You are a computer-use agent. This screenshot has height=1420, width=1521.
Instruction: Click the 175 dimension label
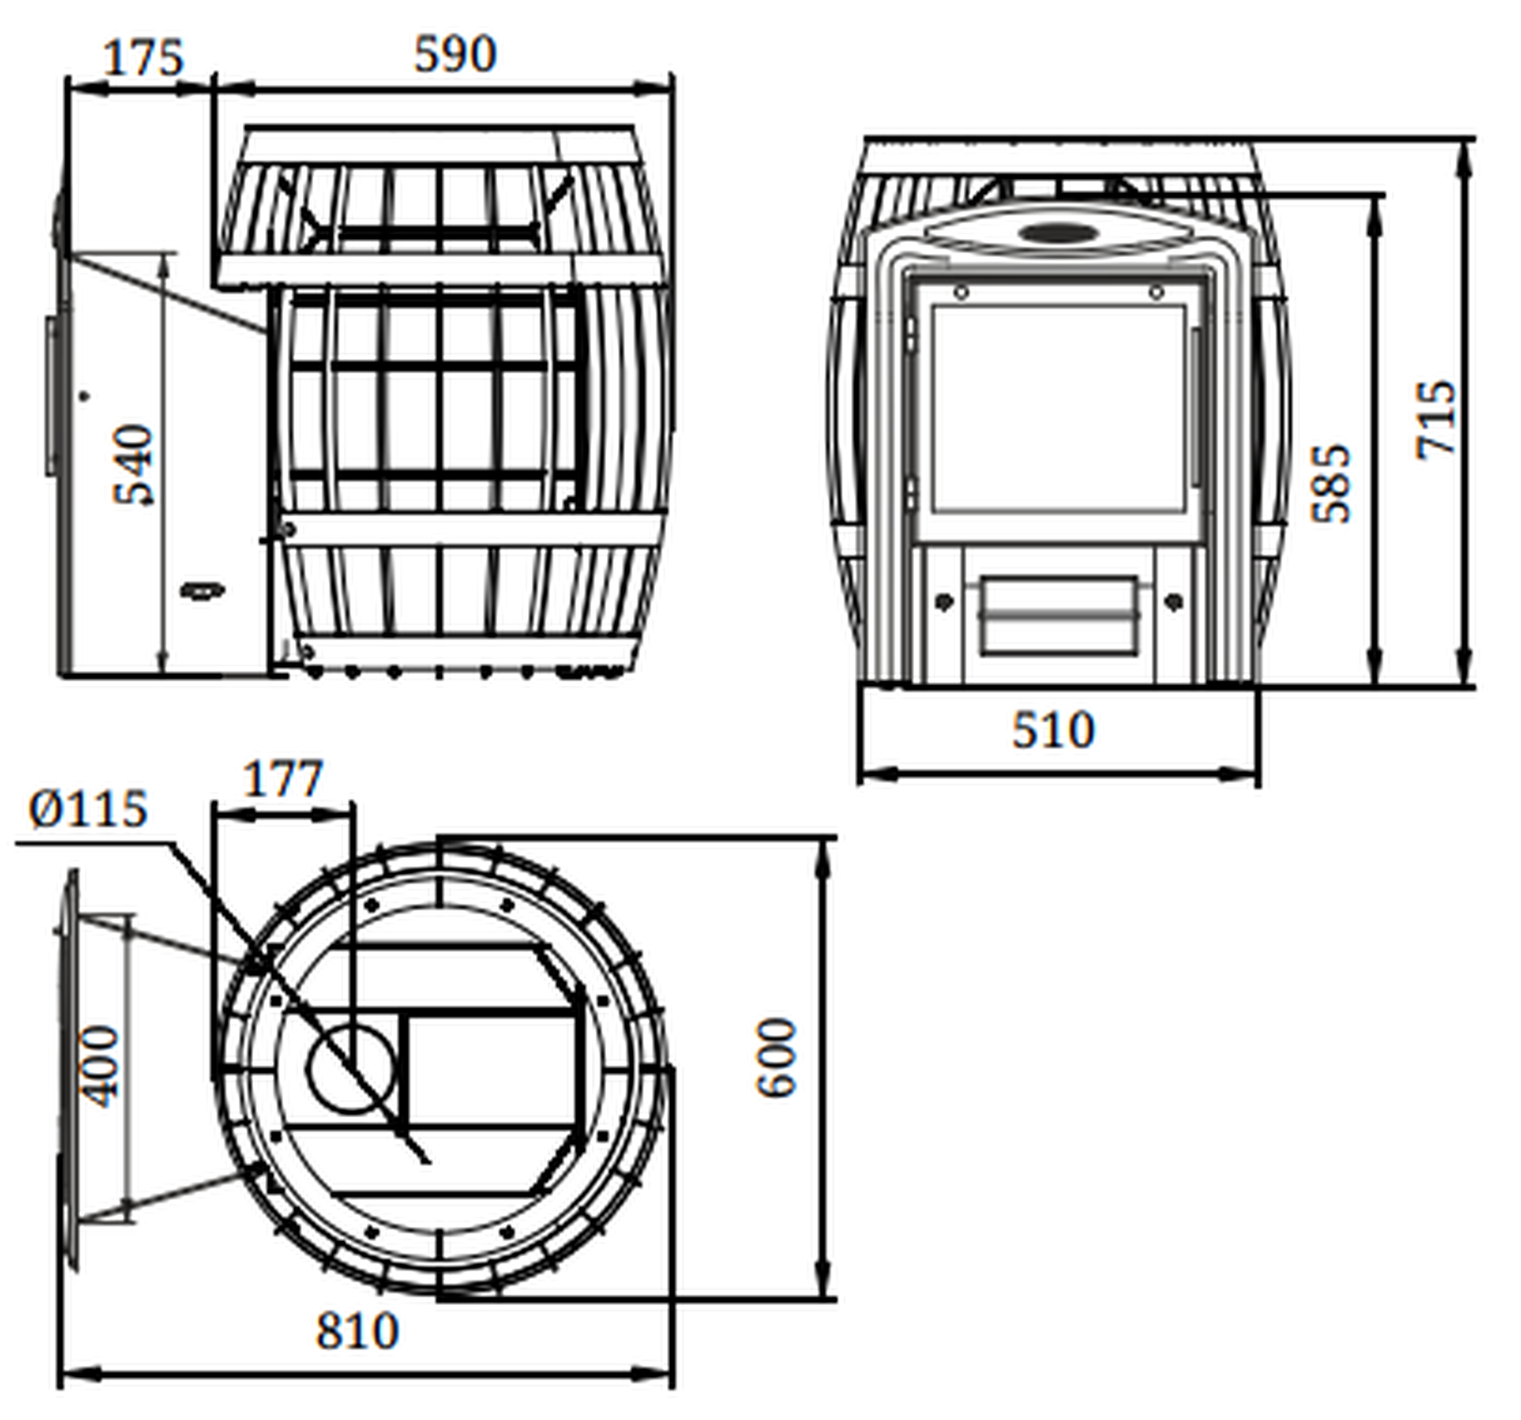[x=143, y=58]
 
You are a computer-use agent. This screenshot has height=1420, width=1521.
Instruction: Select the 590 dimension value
[x=456, y=54]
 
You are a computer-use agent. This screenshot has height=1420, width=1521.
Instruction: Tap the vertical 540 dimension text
[x=134, y=465]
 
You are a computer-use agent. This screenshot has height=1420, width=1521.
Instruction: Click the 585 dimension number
[x=1330, y=483]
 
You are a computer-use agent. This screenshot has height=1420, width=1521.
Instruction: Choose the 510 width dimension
[x=1053, y=730]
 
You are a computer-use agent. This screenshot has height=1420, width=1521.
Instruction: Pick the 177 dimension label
[x=283, y=780]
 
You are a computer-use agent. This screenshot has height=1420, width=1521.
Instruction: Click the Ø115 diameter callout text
[x=88, y=808]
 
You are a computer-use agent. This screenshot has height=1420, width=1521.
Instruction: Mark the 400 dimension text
[x=100, y=1066]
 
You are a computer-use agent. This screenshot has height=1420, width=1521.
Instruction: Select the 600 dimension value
[x=776, y=1058]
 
